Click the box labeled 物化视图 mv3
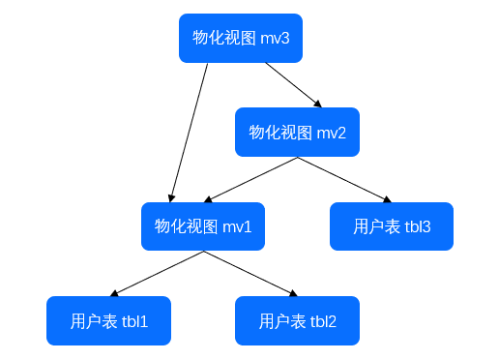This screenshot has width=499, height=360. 241,38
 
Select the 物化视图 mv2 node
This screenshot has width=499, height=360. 297,132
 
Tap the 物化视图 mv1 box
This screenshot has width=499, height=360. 203,226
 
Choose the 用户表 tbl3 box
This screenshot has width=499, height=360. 392,226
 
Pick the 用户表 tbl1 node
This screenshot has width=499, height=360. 108,320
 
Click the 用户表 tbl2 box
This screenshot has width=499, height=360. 297,320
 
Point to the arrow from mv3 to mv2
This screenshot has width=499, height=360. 293,84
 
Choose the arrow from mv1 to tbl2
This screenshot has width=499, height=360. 249,274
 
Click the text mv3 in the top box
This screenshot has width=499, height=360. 276,38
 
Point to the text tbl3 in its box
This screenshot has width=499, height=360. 418,226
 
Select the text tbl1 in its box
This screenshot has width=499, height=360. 134,321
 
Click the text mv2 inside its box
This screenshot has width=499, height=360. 331,132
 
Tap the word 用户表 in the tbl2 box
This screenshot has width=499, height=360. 282,321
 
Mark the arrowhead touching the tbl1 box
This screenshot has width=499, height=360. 115,293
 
